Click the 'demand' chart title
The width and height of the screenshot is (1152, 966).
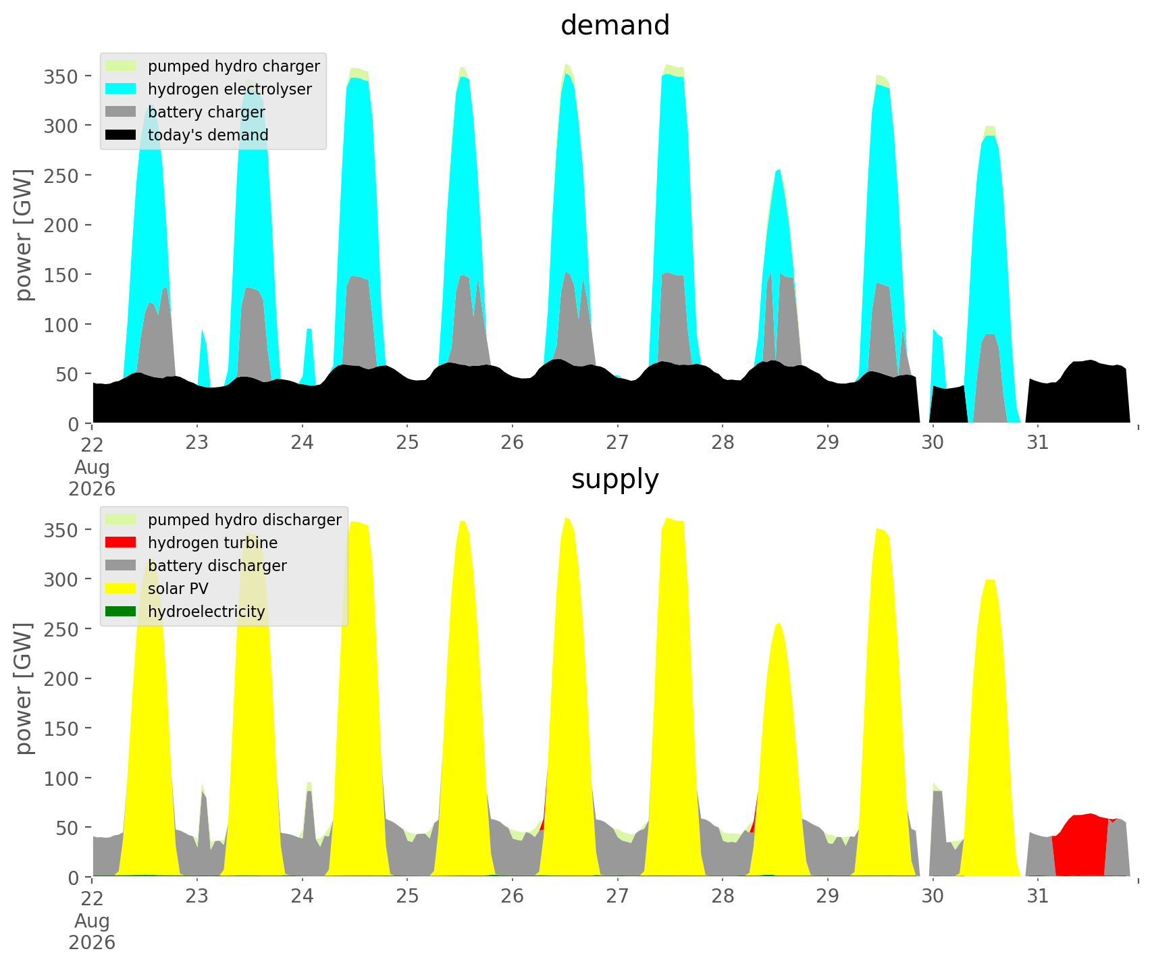coord(615,26)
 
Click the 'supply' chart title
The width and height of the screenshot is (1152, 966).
coord(615,479)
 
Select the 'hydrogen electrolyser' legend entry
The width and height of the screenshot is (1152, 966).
coord(209,89)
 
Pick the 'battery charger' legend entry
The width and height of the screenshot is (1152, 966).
coord(185,112)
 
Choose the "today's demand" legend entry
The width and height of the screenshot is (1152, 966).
coord(187,135)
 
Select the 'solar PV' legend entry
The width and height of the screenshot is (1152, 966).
coord(157,589)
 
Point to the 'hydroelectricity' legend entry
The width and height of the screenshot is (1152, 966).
coord(185,612)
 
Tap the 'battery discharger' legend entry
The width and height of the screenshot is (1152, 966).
coord(196,566)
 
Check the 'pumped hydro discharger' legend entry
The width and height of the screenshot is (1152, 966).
coord(224,520)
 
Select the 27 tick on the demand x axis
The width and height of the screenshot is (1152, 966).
coord(617,443)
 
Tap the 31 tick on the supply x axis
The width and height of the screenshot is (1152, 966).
coord(1037,896)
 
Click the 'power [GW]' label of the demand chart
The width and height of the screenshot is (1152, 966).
coord(24,236)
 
